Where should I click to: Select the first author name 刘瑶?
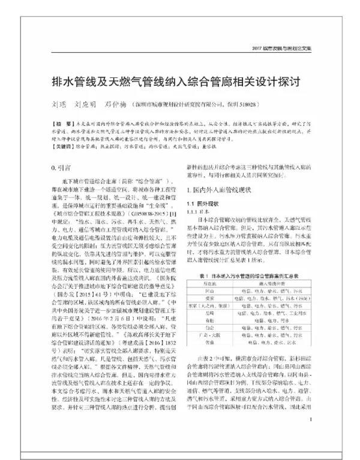point(58,102)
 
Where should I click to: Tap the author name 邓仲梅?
point(115,102)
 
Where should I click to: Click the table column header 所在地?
point(210,282)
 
